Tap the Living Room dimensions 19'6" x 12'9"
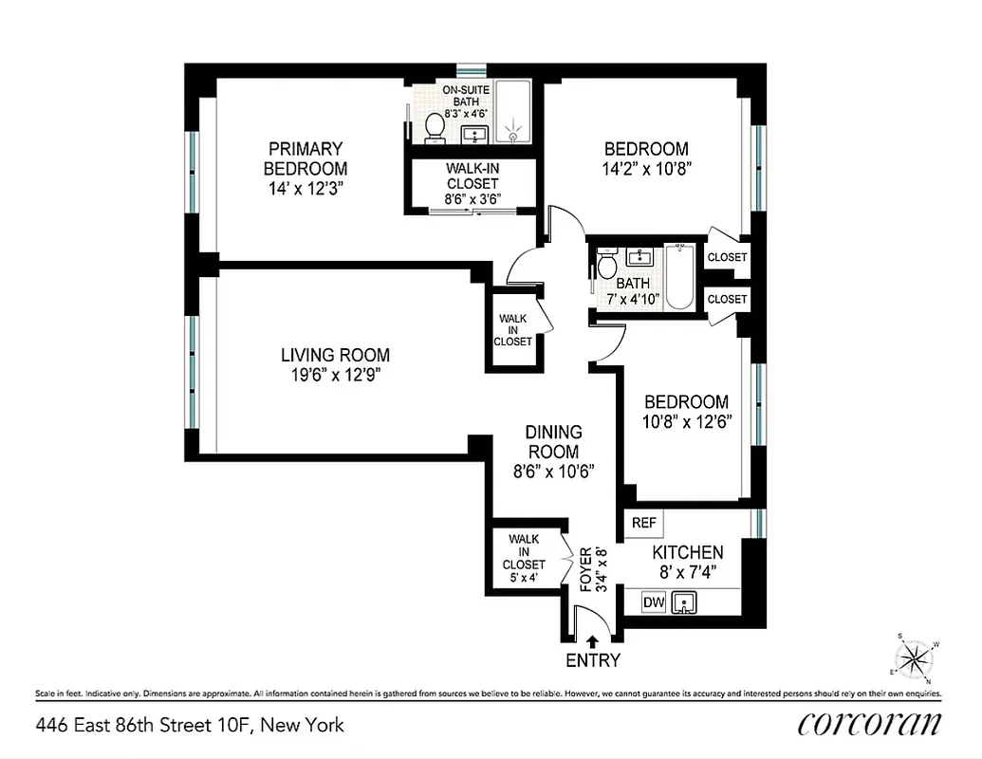tap(335, 374)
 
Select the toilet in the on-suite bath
tap(435, 127)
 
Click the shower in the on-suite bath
tap(513, 112)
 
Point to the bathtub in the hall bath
tap(679, 277)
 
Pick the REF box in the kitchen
tap(643, 523)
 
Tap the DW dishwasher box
tap(654, 602)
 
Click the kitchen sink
tap(685, 602)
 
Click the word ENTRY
tap(593, 660)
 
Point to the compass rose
tap(916, 657)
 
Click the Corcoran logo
tap(869, 723)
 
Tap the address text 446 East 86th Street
tap(190, 726)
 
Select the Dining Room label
tap(553, 442)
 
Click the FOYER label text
tap(586, 569)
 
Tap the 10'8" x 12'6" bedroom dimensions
tap(688, 420)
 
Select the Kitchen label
tap(687, 552)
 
